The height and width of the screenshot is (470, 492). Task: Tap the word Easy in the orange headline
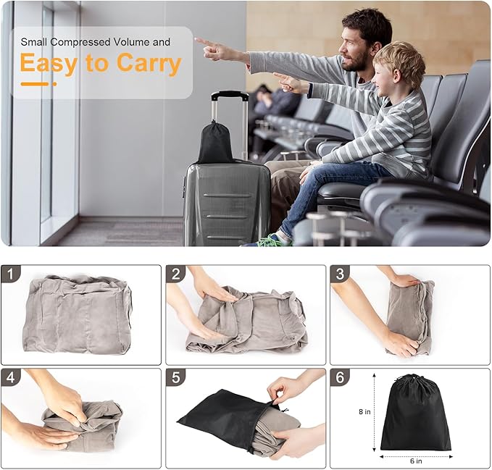49,64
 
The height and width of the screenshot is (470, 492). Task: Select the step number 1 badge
10,274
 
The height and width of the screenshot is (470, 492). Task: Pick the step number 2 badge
175,274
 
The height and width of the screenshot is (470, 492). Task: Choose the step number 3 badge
340,274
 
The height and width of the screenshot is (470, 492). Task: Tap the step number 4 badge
10,377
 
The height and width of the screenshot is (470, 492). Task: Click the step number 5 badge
175,377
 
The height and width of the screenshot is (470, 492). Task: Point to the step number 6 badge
340,377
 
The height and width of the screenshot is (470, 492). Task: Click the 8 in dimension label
364,411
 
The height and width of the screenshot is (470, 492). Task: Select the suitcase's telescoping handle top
230,95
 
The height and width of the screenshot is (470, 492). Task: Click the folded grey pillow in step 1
78,314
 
